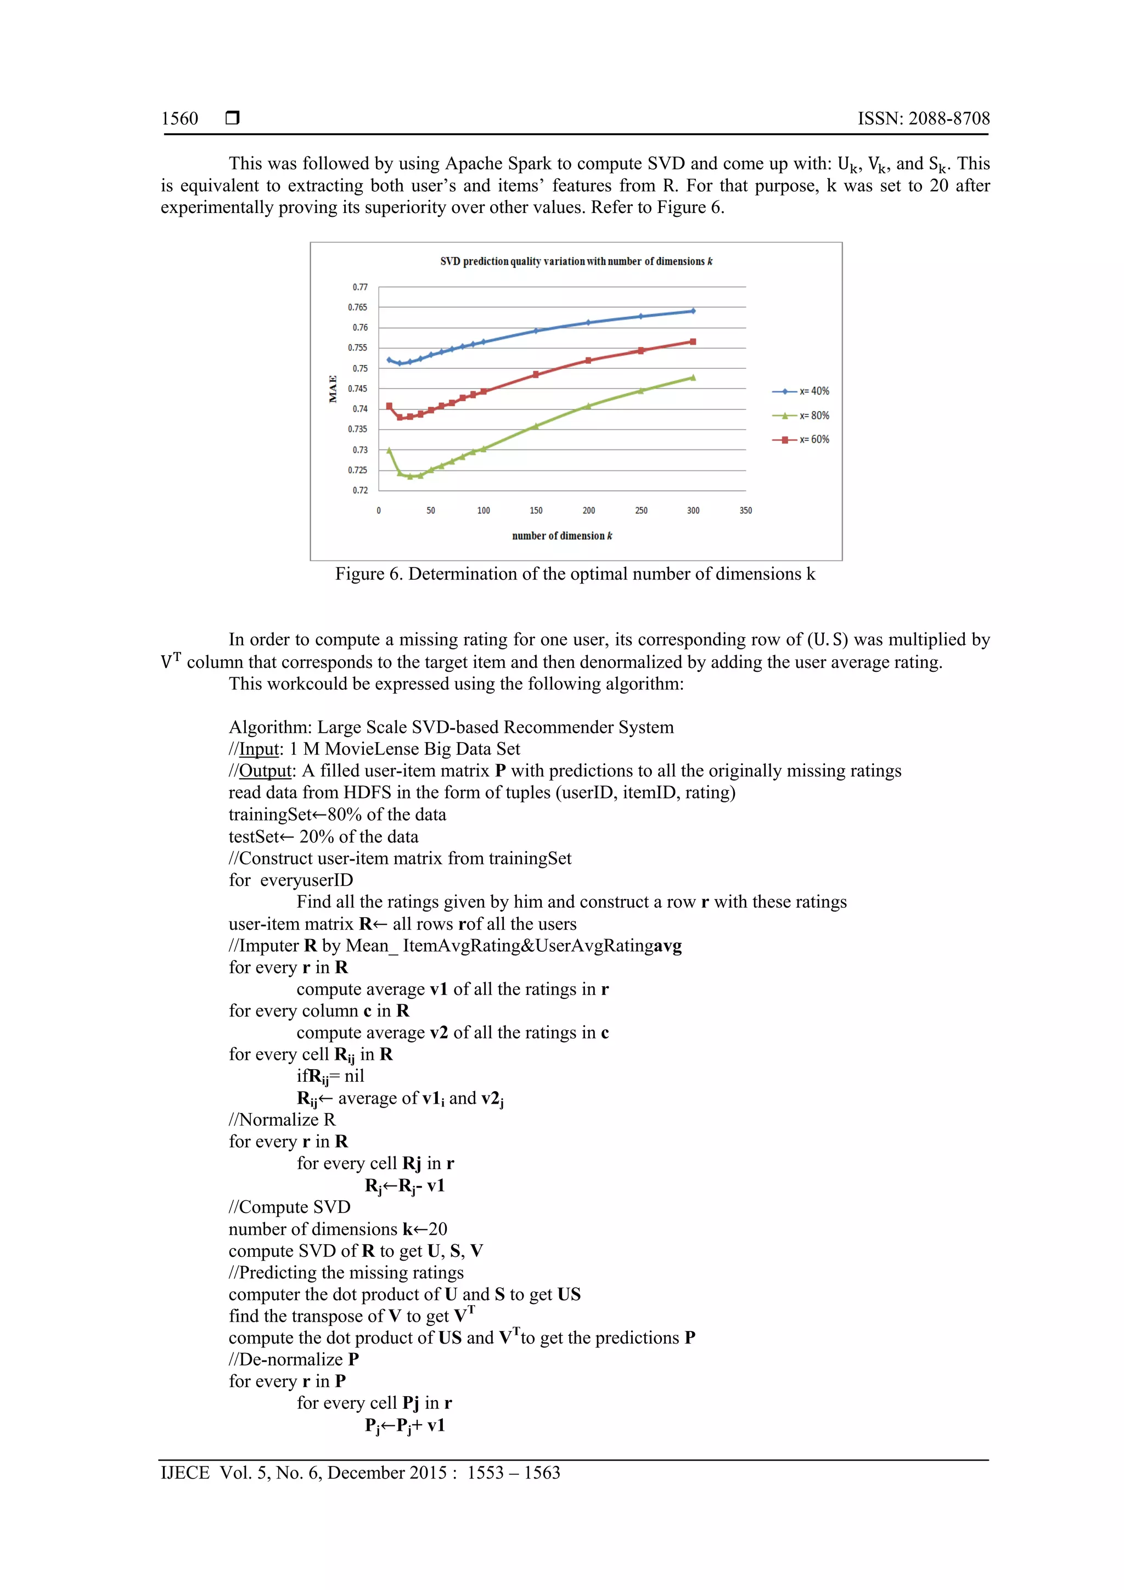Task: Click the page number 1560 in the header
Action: click(179, 119)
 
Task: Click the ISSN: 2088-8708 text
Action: click(923, 119)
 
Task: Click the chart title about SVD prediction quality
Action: click(576, 261)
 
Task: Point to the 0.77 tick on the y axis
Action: click(359, 286)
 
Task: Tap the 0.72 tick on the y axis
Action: click(359, 490)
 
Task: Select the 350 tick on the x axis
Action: click(745, 510)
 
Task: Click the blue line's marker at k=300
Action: click(693, 311)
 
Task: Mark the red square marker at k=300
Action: click(693, 341)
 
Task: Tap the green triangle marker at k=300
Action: click(693, 378)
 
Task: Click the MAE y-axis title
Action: click(333, 389)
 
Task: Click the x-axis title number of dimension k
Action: click(561, 536)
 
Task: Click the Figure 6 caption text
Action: click(575, 574)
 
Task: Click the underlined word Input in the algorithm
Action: click(258, 749)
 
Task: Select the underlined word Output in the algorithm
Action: click(265, 771)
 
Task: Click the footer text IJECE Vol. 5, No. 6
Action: click(360, 1473)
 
